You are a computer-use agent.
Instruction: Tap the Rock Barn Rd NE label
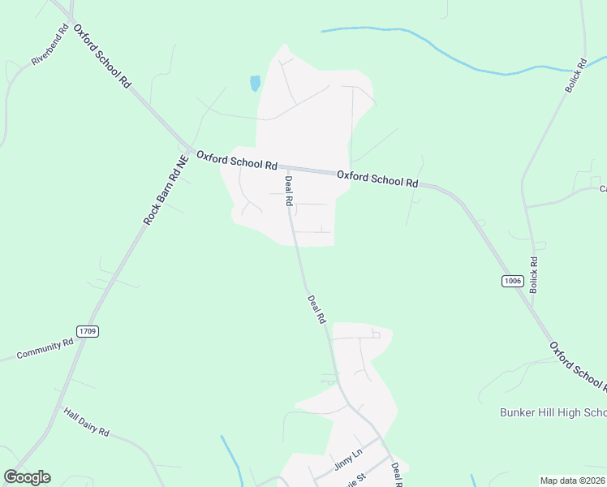click(166, 192)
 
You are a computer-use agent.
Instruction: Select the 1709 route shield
click(88, 331)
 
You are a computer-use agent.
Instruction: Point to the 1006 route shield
click(511, 281)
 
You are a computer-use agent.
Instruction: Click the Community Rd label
click(45, 350)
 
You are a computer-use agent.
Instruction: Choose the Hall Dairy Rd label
click(86, 421)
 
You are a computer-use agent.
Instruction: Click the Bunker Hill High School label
click(552, 412)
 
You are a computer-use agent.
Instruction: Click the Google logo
click(27, 477)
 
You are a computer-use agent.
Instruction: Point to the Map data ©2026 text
click(572, 481)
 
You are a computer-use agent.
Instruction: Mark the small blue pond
click(256, 83)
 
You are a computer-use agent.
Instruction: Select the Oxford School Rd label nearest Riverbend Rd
click(102, 55)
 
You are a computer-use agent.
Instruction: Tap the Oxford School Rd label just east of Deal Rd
click(377, 179)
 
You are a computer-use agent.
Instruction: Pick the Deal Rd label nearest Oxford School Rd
click(288, 192)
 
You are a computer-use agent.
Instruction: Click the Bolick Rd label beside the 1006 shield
click(534, 275)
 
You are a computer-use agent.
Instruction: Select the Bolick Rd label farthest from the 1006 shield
click(575, 75)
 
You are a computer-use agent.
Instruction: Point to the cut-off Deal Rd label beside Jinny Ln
click(397, 474)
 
